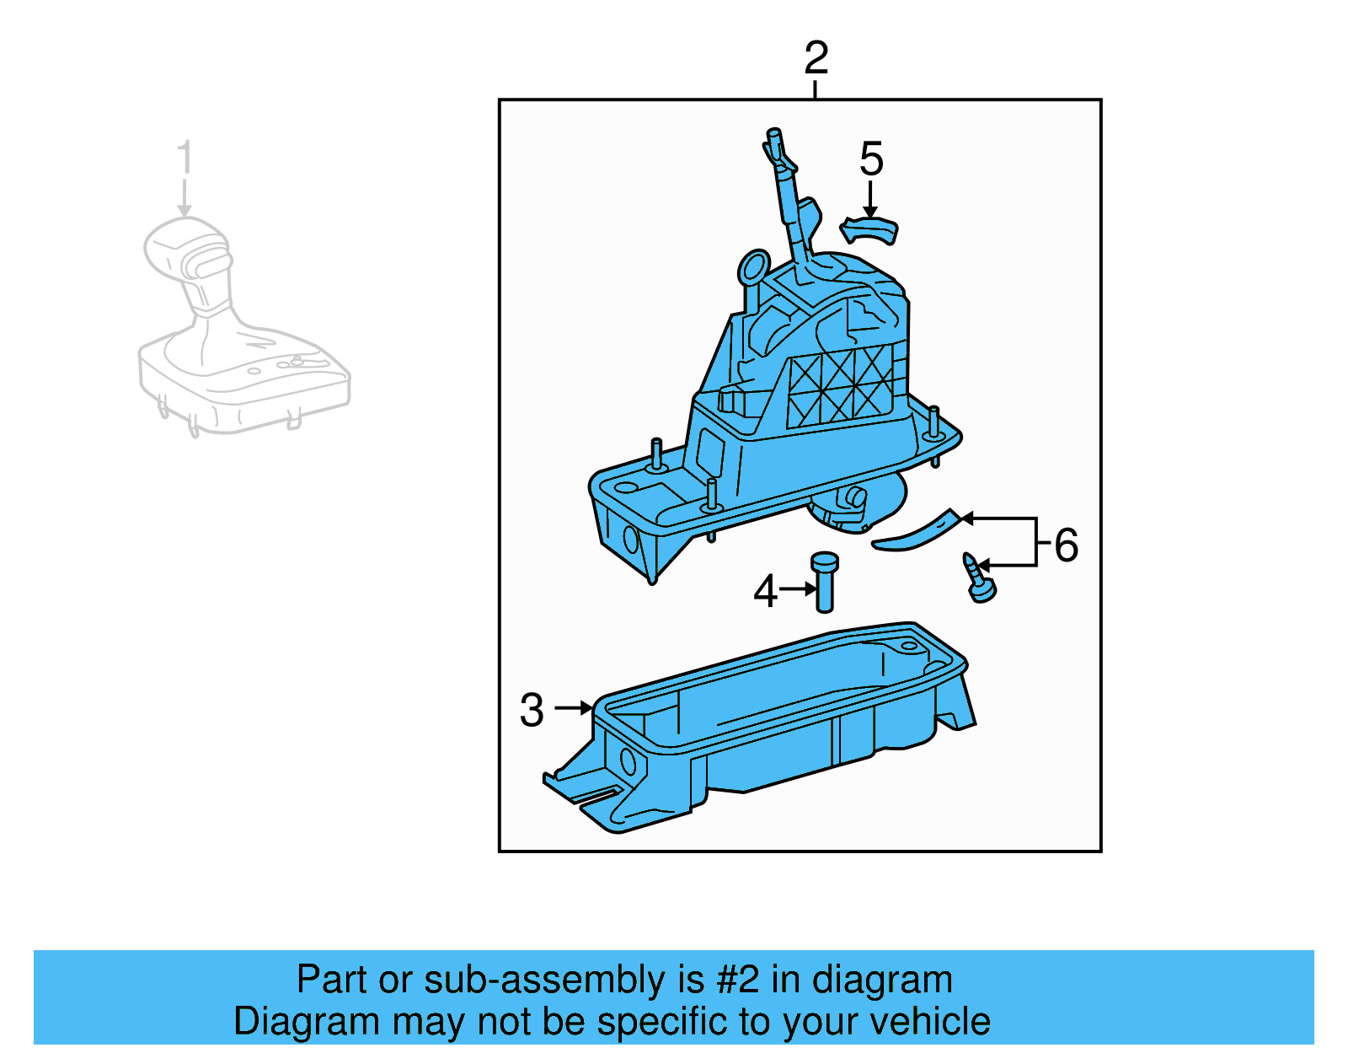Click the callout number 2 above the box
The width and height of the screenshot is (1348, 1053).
816,58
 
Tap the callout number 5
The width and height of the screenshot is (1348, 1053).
871,159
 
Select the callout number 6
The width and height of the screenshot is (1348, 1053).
1066,545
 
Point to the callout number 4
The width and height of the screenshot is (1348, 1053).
765,591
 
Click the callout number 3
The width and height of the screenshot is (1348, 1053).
532,710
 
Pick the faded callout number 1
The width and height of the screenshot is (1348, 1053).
185,158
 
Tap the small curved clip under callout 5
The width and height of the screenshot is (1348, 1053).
869,229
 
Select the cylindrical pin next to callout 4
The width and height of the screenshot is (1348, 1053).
824,582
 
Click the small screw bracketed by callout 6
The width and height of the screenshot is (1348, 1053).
979,578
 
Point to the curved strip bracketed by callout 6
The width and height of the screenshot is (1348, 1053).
917,531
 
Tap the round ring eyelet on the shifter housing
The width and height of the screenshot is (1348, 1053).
753,266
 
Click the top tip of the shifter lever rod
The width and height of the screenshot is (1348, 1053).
773,135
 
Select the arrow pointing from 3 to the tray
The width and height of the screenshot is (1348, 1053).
575,708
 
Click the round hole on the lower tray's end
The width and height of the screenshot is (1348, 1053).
629,761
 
